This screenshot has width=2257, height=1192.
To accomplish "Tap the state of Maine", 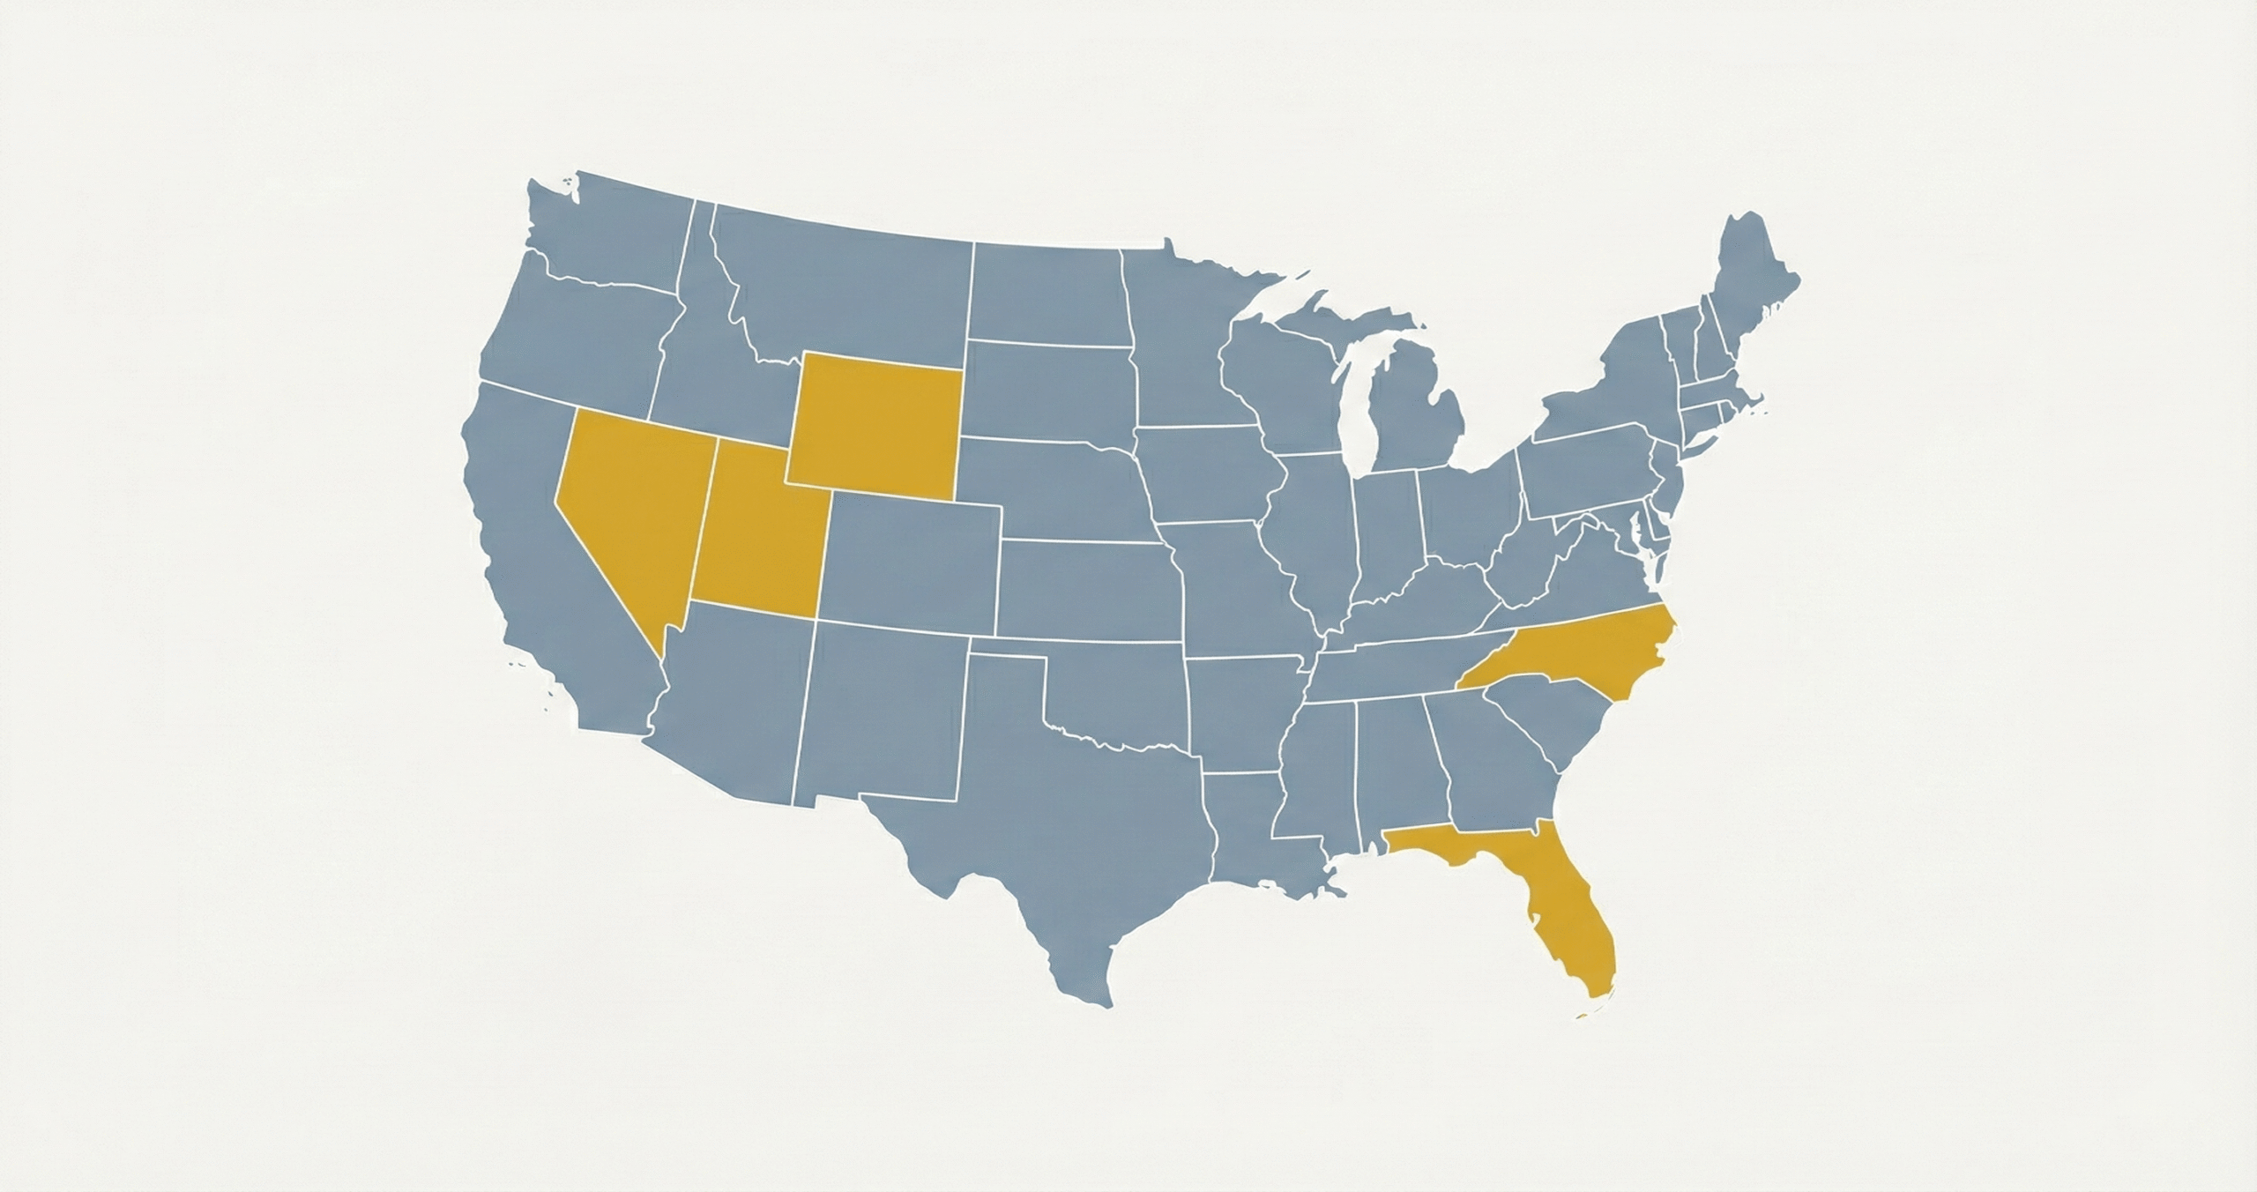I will (1750, 282).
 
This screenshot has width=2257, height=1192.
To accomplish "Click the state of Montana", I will (846, 282).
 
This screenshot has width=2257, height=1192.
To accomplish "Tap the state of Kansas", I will (1089, 586).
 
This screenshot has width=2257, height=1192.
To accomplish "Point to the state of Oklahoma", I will (1120, 697).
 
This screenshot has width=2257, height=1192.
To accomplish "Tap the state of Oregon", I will (573, 335).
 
